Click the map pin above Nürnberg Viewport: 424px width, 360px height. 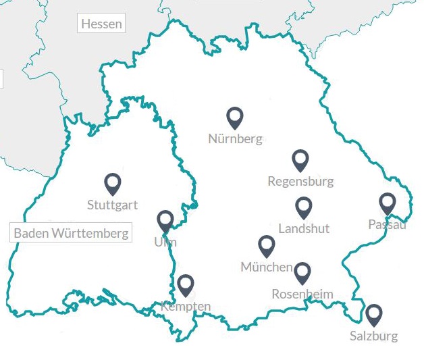(234, 117)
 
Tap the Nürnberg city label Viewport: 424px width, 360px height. (235, 140)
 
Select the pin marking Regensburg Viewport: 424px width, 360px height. (300, 159)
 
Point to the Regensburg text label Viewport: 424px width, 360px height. (300, 181)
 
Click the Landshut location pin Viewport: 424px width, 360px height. (304, 207)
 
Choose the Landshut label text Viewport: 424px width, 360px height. (304, 228)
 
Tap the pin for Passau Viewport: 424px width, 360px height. (387, 203)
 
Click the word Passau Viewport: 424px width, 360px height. (387, 224)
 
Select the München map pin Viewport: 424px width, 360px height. (267, 245)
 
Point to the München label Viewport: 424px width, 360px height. (267, 267)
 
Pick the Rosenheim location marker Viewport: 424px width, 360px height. (302, 272)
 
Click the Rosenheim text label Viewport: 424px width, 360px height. (302, 294)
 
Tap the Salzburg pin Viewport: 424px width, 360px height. (373, 314)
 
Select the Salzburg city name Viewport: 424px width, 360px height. (373, 336)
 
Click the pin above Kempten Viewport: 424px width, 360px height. (186, 285)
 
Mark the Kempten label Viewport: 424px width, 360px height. (186, 307)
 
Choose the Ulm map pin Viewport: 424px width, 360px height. (165, 220)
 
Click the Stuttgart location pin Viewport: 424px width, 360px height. (113, 183)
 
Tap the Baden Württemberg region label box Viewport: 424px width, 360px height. (72, 234)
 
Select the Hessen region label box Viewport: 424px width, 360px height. (101, 24)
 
